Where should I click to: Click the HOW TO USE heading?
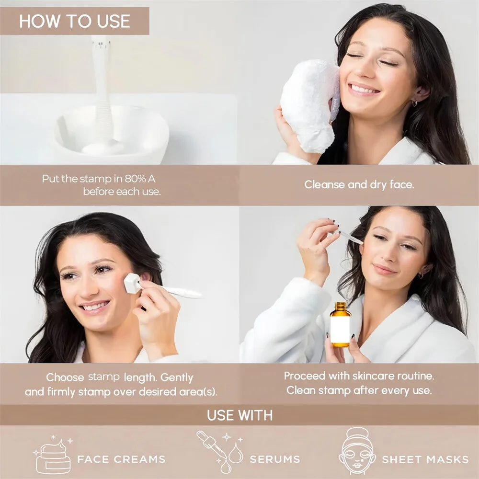tap(75, 21)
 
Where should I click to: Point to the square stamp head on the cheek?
tap(132, 283)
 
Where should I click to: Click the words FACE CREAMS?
tap(121, 459)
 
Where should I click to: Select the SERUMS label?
tap(275, 459)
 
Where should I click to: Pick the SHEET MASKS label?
tap(425, 459)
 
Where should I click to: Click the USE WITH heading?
tap(240, 415)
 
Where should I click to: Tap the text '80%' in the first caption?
tap(135, 179)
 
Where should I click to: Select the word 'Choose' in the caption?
tap(65, 377)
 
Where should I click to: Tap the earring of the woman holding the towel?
tap(414, 103)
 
